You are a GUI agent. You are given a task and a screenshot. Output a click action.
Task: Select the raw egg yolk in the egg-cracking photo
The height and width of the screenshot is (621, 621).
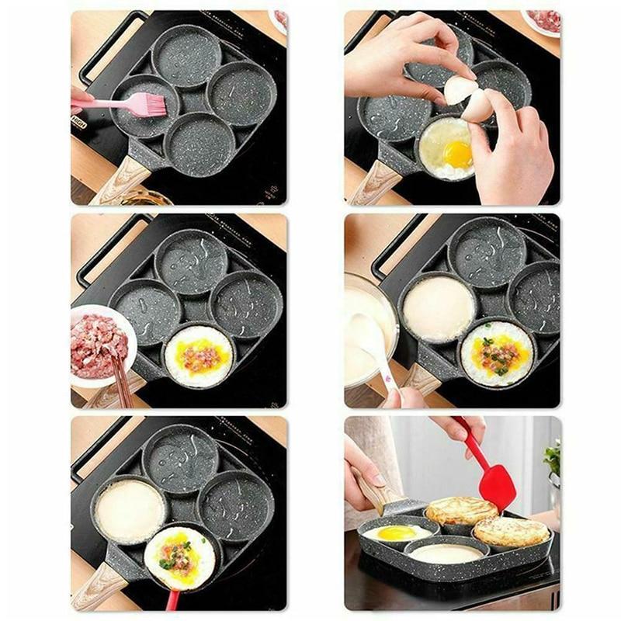[x=458, y=153]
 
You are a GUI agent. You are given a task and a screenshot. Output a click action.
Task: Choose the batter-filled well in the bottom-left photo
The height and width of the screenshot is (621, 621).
[x=130, y=510]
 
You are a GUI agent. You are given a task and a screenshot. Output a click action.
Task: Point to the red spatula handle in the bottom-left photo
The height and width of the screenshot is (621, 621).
[x=172, y=599]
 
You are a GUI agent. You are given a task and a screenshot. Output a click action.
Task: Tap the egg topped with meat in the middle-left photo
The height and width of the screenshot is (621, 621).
[x=199, y=356]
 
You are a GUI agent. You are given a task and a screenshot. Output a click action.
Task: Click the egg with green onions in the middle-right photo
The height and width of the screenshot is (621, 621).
[x=497, y=353]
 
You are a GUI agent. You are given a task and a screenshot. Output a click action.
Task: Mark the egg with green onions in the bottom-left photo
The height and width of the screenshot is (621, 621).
[x=180, y=557]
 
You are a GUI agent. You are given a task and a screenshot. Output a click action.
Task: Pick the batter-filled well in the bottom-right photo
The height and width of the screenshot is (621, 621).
[x=445, y=553]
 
